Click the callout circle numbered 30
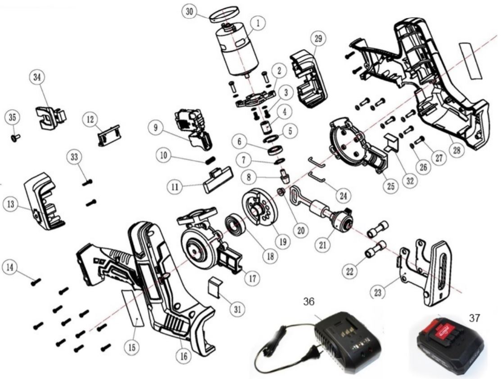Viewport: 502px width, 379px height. coord(190,12)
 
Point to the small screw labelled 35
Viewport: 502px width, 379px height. coord(15,138)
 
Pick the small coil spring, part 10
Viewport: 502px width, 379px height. coord(211,159)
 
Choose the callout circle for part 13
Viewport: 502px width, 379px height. coord(11,204)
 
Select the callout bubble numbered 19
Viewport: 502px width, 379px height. coord(283,242)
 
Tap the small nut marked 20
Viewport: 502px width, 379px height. coord(281,191)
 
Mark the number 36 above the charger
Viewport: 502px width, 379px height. coord(309,301)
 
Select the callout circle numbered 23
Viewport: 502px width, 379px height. coord(378,292)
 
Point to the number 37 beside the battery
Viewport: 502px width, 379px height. coord(475,318)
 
